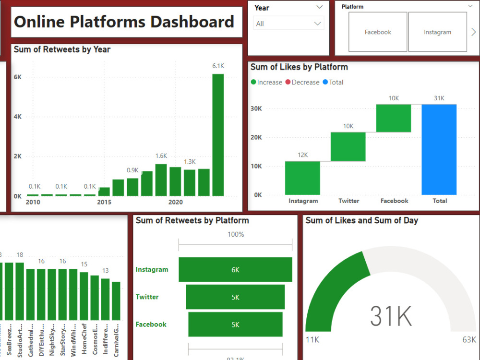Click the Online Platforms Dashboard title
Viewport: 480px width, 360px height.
coord(124,22)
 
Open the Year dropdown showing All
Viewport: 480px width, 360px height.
coord(288,24)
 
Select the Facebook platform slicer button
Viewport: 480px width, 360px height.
coord(378,32)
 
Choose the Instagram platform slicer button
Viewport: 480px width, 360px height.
coord(437,32)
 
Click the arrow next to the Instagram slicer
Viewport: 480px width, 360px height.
coord(473,32)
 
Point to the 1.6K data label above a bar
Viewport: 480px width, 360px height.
coord(161,156)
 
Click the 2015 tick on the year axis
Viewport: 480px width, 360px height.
coord(104,203)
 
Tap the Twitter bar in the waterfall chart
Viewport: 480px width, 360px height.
coord(348,146)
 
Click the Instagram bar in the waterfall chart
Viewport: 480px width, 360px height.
coord(302,178)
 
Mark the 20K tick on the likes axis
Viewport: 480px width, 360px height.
coord(256,137)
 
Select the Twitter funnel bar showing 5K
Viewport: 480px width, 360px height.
coord(235,297)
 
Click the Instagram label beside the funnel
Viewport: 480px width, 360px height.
coord(152,270)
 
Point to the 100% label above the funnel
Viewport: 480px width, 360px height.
coord(235,235)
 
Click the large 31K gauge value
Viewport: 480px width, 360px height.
coord(391,316)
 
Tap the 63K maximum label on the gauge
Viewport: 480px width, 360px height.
coord(469,340)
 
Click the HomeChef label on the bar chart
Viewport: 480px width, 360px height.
coord(84,342)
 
